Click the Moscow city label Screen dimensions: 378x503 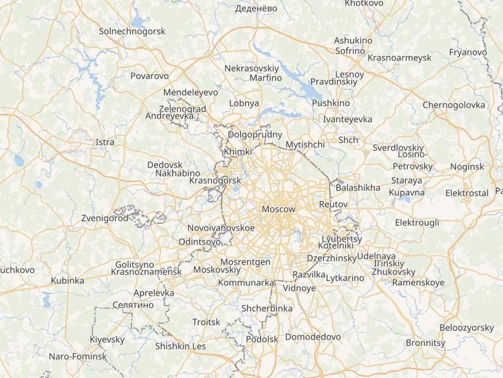click(279, 209)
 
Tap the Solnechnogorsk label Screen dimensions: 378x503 click(132, 31)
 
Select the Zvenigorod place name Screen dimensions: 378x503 click(105, 218)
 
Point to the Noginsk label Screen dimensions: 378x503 click(467, 167)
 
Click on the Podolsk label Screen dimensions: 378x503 click(262, 339)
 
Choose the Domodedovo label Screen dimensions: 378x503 click(313, 337)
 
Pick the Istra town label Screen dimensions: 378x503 click(105, 142)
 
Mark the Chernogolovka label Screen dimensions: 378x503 click(454, 105)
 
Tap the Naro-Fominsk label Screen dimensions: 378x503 click(78, 356)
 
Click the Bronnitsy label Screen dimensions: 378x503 click(425, 343)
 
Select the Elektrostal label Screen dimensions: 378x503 click(467, 193)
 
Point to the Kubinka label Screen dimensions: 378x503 click(68, 281)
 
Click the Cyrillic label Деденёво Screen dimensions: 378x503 click(256, 8)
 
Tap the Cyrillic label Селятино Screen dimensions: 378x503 click(133, 305)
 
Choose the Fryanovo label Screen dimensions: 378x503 click(468, 52)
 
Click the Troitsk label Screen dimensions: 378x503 click(206, 322)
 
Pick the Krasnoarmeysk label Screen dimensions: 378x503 click(399, 57)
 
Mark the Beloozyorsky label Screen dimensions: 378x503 click(466, 328)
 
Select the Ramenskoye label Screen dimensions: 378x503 click(418, 282)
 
